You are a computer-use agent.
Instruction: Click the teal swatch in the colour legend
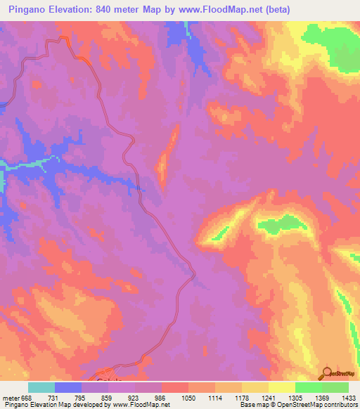pyautogui.click(x=41, y=387)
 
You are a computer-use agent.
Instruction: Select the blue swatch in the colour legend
pyautogui.click(x=67, y=387)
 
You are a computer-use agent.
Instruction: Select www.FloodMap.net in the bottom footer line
pyautogui.click(x=141, y=405)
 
